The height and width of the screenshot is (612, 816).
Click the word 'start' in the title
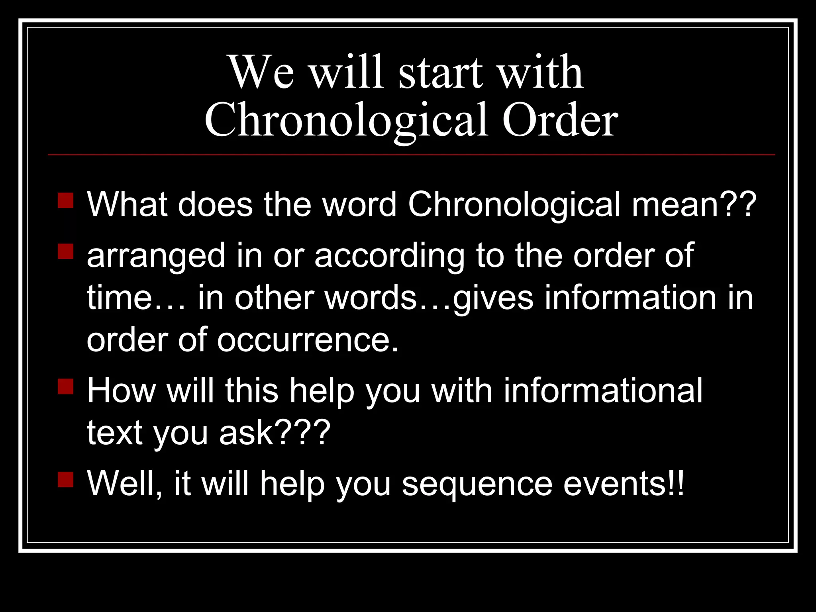click(441, 73)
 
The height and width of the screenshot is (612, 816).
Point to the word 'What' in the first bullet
click(127, 204)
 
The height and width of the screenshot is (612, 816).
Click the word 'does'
click(215, 204)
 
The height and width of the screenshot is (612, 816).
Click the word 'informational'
click(603, 391)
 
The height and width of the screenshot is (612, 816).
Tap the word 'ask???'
click(275, 433)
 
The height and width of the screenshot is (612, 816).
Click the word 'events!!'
click(624, 483)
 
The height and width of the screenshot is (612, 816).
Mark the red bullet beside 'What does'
click(66, 201)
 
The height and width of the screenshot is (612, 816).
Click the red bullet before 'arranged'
click(66, 252)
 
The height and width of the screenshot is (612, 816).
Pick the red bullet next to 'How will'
click(66, 386)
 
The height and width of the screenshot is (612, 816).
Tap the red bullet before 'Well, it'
click(66, 480)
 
